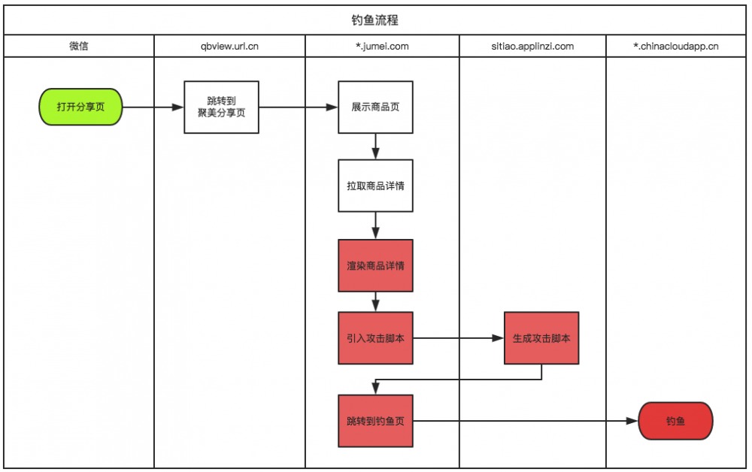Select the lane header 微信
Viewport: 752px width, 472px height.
click(79, 47)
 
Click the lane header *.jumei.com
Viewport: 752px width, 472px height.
click(382, 47)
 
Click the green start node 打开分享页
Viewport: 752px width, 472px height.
click(80, 107)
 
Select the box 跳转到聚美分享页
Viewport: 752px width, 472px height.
click(221, 107)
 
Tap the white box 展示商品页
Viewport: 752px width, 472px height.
click(375, 107)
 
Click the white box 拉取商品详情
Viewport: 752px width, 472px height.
click(375, 185)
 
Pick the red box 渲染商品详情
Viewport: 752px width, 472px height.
click(375, 265)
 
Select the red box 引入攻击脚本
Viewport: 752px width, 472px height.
click(375, 338)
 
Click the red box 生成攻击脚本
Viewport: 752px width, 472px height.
click(541, 338)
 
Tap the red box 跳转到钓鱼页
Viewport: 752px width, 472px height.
click(375, 421)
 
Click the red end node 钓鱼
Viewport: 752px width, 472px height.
click(675, 421)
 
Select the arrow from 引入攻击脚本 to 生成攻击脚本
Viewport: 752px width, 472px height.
click(459, 338)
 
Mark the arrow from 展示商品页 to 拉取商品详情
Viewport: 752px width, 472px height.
click(375, 147)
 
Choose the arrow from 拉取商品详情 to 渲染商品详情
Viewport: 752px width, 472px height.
click(375, 225)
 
